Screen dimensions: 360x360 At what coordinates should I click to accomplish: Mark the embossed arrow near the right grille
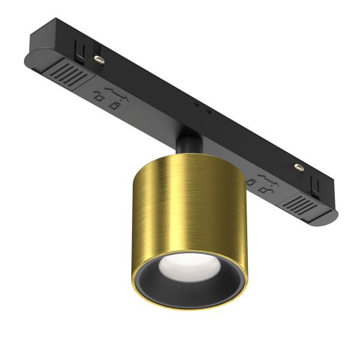(266, 178)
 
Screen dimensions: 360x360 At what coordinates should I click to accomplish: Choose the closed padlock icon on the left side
(114, 106)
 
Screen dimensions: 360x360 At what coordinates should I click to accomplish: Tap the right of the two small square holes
(208, 112)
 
